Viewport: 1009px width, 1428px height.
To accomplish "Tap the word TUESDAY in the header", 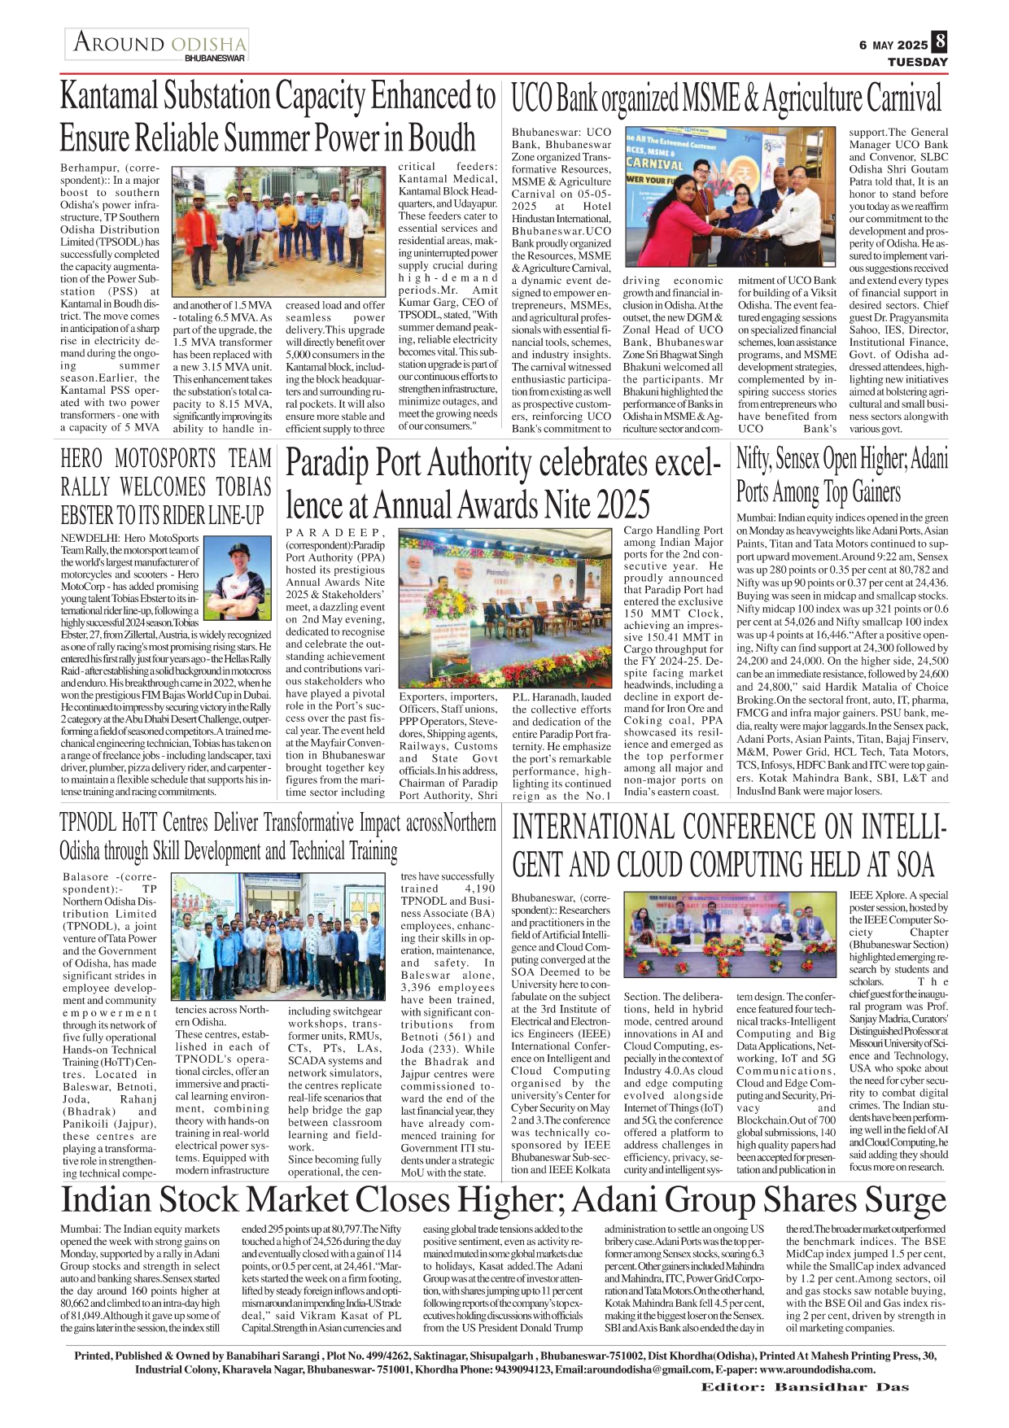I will click(x=917, y=62).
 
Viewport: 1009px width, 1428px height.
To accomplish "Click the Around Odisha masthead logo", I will click(x=158, y=45).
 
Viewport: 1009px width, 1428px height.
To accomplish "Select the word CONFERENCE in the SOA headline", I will click(x=761, y=828).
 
